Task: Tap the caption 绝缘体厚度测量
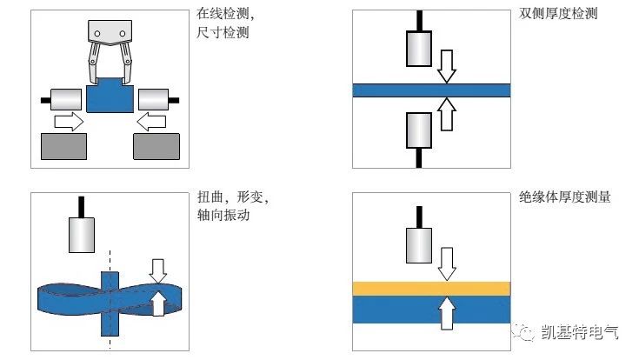click(x=562, y=197)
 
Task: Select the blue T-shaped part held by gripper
click(x=109, y=96)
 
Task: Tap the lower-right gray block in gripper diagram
click(x=156, y=146)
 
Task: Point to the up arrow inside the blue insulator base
click(x=447, y=312)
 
